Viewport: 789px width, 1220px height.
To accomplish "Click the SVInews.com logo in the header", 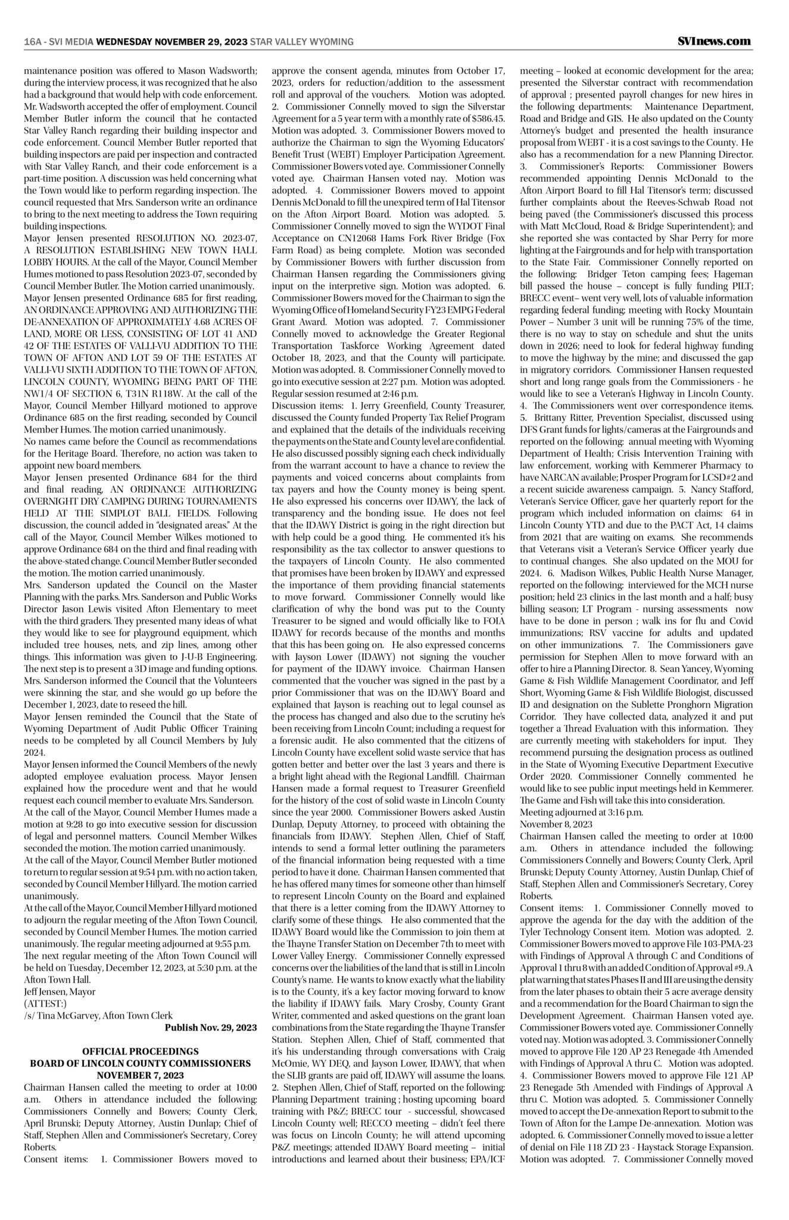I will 714,41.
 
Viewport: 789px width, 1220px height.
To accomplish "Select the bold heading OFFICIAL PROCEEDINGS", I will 141,1052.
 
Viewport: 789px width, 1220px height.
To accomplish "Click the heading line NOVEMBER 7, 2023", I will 141,1075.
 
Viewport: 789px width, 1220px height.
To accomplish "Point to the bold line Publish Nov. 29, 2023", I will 211,1028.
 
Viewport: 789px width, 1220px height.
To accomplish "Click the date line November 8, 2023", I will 556,824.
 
